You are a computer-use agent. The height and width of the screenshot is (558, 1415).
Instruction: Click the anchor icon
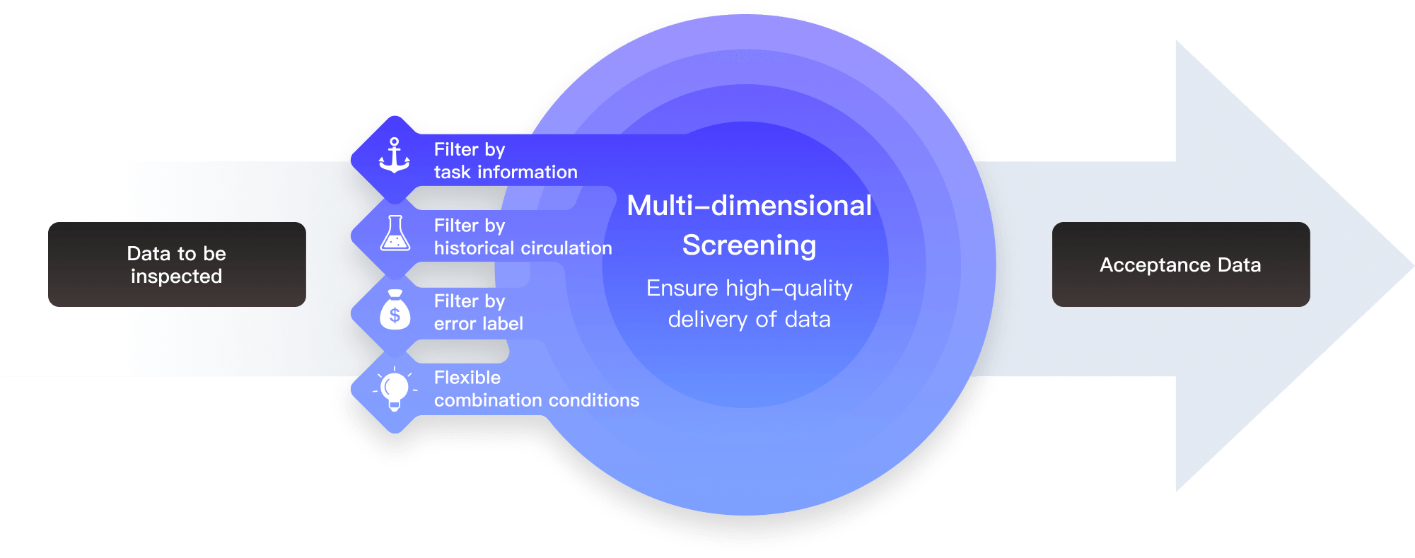pyautogui.click(x=395, y=156)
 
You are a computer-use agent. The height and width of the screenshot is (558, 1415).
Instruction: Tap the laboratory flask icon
pyautogui.click(x=395, y=233)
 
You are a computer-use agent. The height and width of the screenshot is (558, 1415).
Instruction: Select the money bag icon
pyautogui.click(x=395, y=310)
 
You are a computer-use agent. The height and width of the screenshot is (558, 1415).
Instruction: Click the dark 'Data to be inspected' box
pyautogui.click(x=177, y=265)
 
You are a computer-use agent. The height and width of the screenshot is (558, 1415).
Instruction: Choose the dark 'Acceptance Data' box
pyautogui.click(x=1181, y=265)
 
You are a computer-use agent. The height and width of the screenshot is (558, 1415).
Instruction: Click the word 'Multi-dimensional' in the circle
pyautogui.click(x=750, y=206)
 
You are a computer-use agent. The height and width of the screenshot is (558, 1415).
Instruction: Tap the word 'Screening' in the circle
pyautogui.click(x=750, y=246)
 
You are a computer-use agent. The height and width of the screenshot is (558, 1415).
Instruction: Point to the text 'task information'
pyautogui.click(x=506, y=172)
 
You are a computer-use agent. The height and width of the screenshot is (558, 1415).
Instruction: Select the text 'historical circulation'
pyautogui.click(x=523, y=248)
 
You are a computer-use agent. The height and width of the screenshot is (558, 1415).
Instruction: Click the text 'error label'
pyautogui.click(x=479, y=324)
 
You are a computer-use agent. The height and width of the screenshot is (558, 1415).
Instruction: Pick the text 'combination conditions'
pyautogui.click(x=537, y=400)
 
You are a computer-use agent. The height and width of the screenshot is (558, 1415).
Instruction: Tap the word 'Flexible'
pyautogui.click(x=467, y=378)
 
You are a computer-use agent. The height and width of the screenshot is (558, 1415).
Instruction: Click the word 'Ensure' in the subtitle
pyautogui.click(x=682, y=289)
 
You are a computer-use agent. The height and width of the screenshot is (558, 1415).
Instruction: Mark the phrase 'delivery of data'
pyautogui.click(x=750, y=320)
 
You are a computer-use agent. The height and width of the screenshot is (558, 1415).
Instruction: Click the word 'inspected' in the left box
pyautogui.click(x=177, y=277)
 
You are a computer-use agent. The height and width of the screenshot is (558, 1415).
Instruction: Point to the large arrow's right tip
pyautogui.click(x=1414, y=266)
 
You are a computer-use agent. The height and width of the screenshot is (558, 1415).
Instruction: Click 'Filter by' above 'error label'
pyautogui.click(x=470, y=301)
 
